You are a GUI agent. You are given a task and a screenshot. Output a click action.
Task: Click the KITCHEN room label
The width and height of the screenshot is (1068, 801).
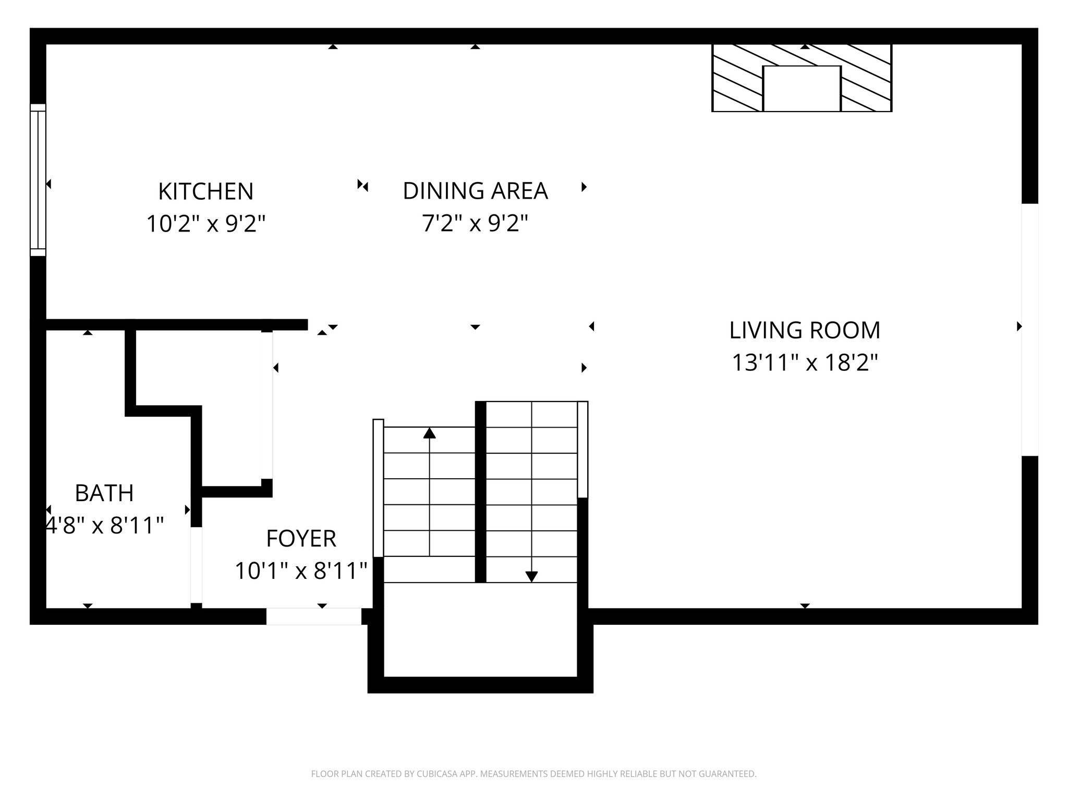pos(205,191)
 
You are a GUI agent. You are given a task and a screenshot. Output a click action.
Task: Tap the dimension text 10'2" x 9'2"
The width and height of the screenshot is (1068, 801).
pos(205,224)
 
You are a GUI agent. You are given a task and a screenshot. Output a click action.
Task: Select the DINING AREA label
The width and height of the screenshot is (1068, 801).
pos(475,191)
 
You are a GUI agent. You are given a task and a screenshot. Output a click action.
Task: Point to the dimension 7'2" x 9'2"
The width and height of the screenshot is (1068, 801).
pos(475,224)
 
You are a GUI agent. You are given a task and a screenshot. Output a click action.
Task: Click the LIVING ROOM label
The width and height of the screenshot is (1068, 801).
pos(805,330)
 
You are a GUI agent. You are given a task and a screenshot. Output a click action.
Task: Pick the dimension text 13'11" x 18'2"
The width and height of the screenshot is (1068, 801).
pos(805,363)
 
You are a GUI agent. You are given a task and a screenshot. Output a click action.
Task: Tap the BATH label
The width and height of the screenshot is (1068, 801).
pos(104,493)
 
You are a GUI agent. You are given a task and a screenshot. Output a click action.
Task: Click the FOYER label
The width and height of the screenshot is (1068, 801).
pos(301,539)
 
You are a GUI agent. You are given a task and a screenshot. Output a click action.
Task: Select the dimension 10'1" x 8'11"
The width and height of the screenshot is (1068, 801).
pos(301,571)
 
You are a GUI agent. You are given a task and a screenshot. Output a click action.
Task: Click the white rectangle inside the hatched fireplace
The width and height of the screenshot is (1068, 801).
pos(802,88)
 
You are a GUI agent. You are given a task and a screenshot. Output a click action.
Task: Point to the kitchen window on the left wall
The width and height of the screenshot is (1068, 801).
pos(38,180)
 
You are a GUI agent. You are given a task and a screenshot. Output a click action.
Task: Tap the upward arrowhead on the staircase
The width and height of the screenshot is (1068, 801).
pos(429,433)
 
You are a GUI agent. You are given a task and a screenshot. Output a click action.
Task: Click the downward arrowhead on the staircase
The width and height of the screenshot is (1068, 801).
pos(531,576)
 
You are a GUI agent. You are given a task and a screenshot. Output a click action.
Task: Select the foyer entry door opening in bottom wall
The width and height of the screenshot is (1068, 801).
pos(313,616)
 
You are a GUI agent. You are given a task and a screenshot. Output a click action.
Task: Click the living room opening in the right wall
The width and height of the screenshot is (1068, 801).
pos(1029,330)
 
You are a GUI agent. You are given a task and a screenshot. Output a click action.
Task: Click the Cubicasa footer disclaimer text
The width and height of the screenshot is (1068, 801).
pos(533,774)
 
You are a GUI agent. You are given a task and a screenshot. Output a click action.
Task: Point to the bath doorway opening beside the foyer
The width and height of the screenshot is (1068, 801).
pos(196,565)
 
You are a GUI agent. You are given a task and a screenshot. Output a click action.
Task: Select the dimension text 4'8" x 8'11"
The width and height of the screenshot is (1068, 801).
pos(104,526)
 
